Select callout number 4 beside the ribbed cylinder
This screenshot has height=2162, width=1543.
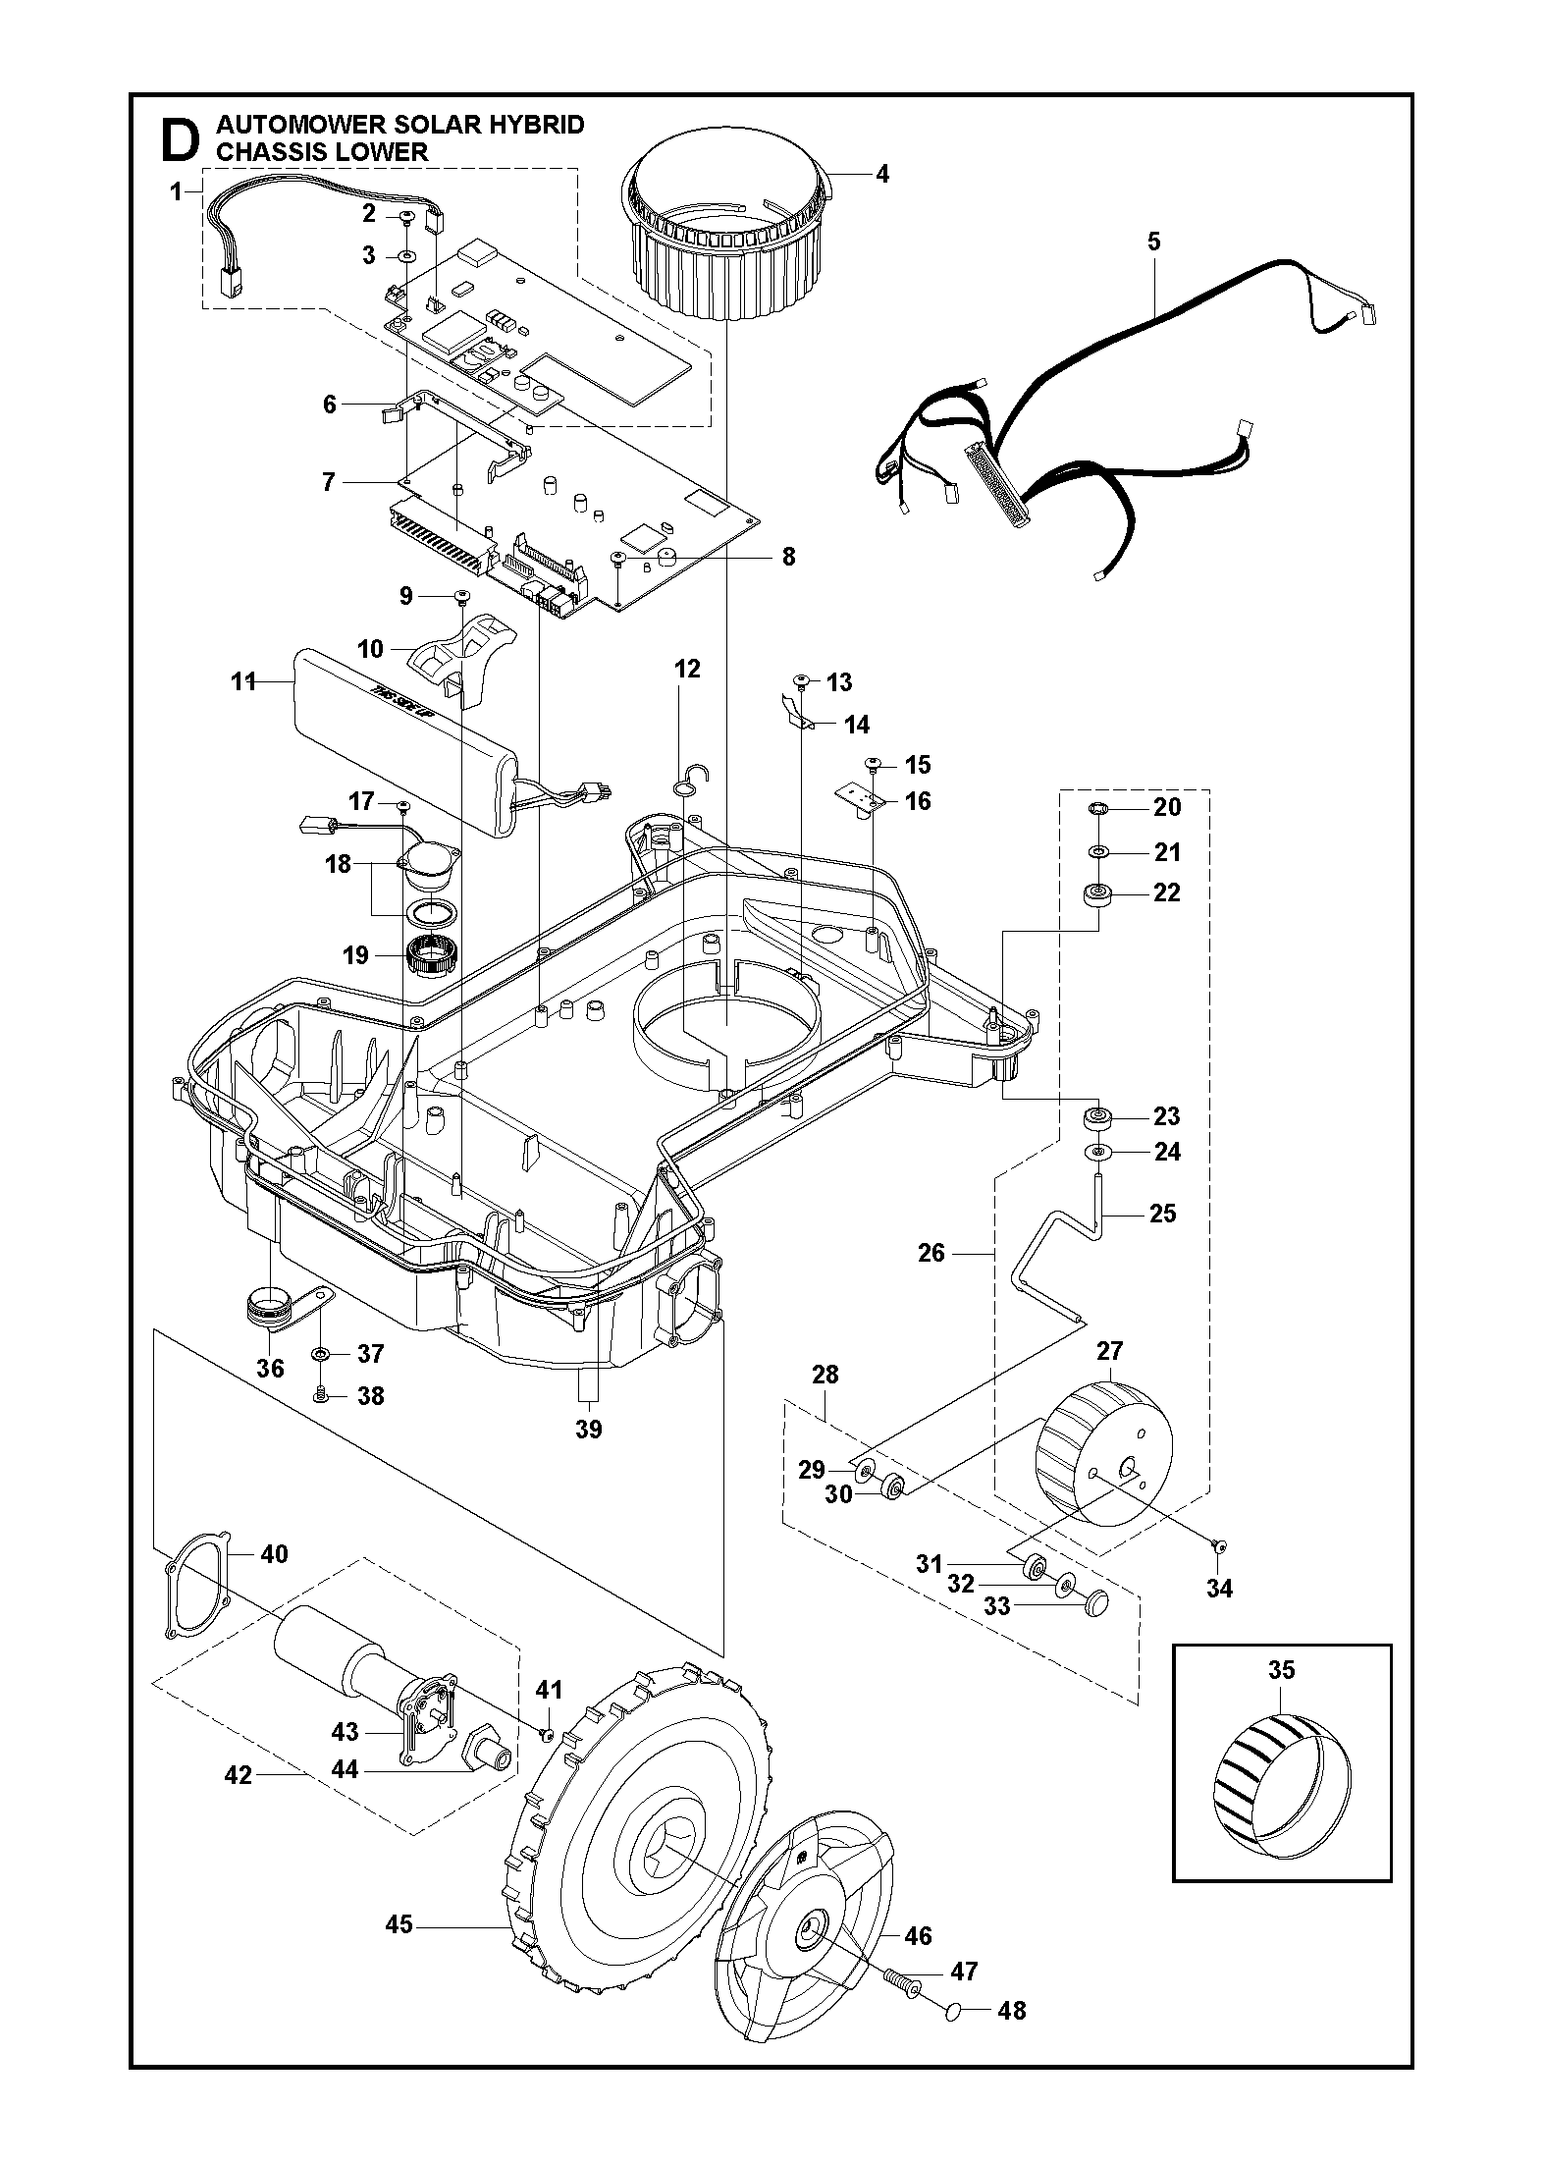tap(881, 174)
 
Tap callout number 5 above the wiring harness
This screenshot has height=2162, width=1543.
tap(1153, 241)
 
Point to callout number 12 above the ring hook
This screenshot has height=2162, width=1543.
tap(687, 669)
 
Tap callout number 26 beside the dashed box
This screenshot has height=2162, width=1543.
tap(931, 1252)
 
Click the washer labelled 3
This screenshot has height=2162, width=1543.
tap(404, 256)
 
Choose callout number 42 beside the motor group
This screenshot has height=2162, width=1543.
tap(239, 1774)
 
